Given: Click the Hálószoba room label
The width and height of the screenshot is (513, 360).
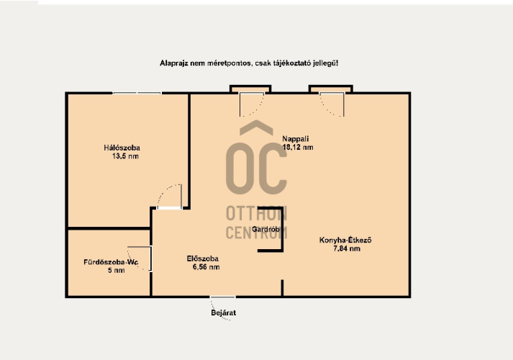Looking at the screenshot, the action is click(122, 148).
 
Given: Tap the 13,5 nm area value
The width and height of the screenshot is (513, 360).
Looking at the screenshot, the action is click(125, 156).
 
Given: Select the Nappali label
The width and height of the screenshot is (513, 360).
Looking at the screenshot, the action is click(296, 139).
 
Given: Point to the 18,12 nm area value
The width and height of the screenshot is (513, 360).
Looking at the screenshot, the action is click(298, 148).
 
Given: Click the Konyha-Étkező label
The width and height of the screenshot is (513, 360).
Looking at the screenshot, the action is click(345, 240).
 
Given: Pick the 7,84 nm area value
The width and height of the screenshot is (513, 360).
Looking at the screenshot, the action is click(347, 248).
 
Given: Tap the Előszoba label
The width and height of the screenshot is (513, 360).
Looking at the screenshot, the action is click(202, 258).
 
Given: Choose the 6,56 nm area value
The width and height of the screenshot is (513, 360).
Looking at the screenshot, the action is click(206, 267).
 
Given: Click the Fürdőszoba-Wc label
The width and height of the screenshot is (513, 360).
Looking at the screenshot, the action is click(111, 262).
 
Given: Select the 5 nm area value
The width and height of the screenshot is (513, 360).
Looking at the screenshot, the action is click(116, 270).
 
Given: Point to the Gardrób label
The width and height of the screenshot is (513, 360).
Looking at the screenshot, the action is click(265, 230).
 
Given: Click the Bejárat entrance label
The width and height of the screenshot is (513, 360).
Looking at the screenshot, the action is click(224, 312).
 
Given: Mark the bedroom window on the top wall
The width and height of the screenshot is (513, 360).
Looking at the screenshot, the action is click(137, 94).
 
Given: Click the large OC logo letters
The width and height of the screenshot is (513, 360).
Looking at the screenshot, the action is click(256, 168).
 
